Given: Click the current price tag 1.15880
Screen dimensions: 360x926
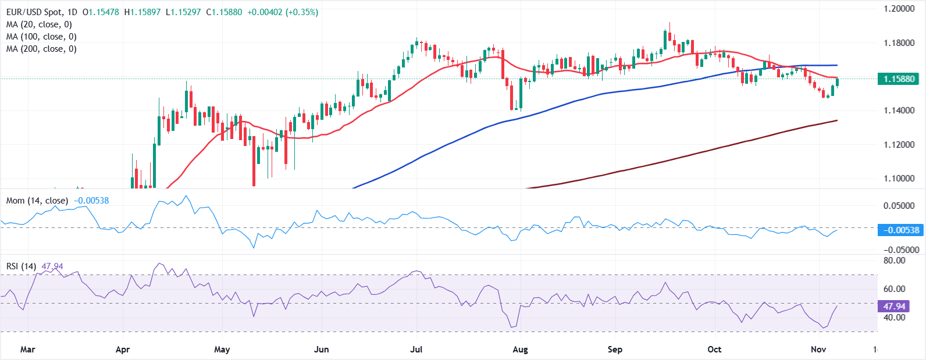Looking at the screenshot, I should click(899, 79).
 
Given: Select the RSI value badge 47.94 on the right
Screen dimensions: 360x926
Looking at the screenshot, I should click(894, 306).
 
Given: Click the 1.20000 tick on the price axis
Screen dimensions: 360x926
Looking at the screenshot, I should click(899, 9).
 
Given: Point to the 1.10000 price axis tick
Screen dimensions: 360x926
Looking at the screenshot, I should click(899, 179).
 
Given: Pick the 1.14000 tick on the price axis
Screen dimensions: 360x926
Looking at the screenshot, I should click(899, 111).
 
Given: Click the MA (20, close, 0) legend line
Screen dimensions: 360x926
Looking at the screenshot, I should click(39, 24).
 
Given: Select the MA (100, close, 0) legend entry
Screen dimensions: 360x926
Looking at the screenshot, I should click(41, 37).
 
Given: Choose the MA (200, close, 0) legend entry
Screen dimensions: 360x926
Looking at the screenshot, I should click(41, 49).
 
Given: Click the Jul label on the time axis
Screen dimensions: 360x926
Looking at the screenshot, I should click(416, 350).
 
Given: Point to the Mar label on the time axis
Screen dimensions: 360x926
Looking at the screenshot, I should click(27, 350).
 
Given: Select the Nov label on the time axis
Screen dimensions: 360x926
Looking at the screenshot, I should click(818, 350).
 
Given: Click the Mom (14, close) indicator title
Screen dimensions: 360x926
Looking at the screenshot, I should click(37, 201).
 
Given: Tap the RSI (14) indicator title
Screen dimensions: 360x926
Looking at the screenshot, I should click(21, 266).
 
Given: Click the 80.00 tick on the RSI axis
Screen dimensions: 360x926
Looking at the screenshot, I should click(894, 261).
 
